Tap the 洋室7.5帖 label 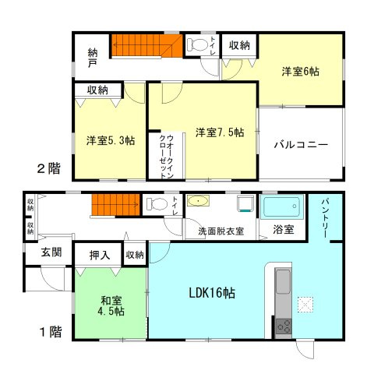(x=220, y=132)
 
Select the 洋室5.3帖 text (x=110, y=141)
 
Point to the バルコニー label (x=300, y=145)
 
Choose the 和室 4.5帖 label (x=109, y=305)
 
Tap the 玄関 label (x=51, y=253)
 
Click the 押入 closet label (x=100, y=254)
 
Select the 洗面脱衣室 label (x=221, y=231)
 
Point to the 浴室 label (x=284, y=231)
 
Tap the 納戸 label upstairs (x=93, y=58)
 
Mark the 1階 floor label (x=49, y=331)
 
